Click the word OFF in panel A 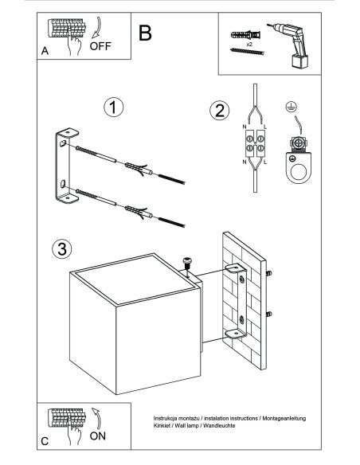tap(100, 46)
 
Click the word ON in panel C tap(97, 436)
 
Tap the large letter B tap(145, 33)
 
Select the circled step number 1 tap(114, 107)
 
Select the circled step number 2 tap(220, 111)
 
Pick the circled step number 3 tap(62, 248)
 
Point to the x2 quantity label tap(249, 44)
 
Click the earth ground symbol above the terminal tap(292, 107)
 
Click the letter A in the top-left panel tap(45, 51)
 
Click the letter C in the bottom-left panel tap(45, 441)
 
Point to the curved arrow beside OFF tap(98, 28)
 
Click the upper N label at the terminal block tap(245, 127)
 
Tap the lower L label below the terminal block tap(265, 162)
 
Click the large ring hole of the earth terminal tap(299, 172)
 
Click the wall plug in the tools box tap(246, 35)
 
